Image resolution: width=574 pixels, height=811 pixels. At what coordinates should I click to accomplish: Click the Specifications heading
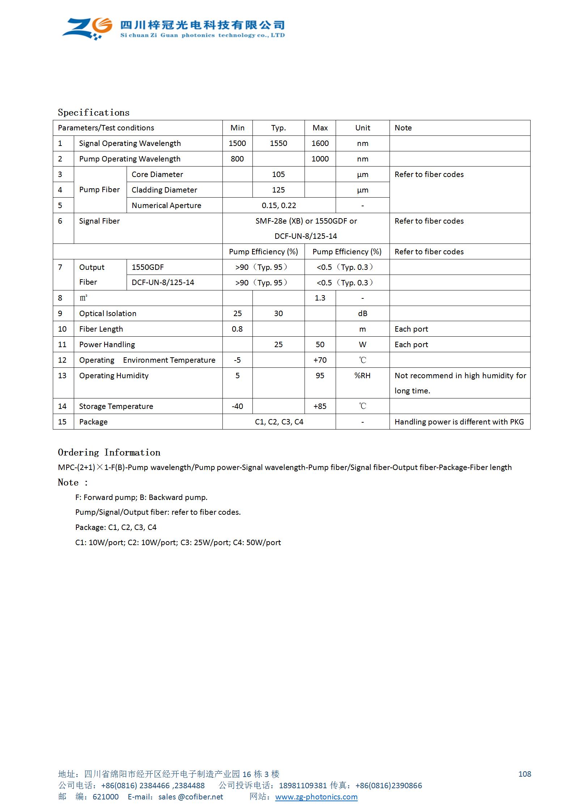(x=93, y=112)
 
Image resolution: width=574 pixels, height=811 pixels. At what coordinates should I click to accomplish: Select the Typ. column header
(x=278, y=128)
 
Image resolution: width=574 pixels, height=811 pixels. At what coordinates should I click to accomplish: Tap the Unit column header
(x=362, y=128)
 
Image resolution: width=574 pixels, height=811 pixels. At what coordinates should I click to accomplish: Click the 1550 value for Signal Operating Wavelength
(x=278, y=143)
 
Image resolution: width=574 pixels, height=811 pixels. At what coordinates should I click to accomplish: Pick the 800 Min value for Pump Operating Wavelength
(x=237, y=159)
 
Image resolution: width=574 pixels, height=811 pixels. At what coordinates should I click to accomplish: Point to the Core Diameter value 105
(x=278, y=174)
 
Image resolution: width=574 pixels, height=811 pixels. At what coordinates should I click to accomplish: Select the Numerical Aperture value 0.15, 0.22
(x=279, y=206)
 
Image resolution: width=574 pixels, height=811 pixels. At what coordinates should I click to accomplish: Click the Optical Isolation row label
(x=108, y=314)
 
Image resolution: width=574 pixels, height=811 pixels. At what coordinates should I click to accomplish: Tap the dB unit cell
(x=362, y=314)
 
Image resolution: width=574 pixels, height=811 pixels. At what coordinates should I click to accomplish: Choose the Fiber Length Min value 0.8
(x=237, y=329)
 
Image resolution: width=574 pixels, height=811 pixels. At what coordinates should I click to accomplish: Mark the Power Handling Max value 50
(x=320, y=345)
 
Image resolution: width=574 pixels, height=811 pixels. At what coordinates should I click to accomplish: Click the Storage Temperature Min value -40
(x=237, y=406)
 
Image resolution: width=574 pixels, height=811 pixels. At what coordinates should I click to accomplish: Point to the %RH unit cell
(x=362, y=376)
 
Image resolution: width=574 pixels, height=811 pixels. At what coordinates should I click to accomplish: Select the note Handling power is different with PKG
(x=459, y=422)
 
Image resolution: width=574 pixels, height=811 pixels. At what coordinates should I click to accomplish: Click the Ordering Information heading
(x=109, y=452)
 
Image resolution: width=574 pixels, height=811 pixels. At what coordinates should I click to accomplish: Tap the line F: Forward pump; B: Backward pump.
(x=141, y=497)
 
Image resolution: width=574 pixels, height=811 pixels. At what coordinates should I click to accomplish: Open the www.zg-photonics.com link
(x=316, y=797)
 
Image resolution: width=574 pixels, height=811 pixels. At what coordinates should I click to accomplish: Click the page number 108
(x=524, y=774)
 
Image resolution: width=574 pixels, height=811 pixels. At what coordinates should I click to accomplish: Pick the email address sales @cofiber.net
(x=191, y=797)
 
